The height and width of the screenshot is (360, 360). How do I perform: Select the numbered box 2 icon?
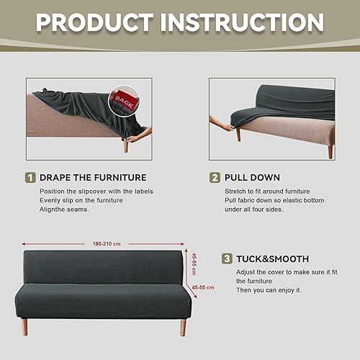coord(215,177)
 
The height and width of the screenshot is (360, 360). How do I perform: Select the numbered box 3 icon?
coord(227,258)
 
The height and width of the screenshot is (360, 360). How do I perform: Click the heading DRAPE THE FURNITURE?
coord(93,177)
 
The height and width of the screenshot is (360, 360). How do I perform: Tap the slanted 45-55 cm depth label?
coord(204,290)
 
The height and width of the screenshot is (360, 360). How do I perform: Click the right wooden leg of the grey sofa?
coord(182,327)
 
